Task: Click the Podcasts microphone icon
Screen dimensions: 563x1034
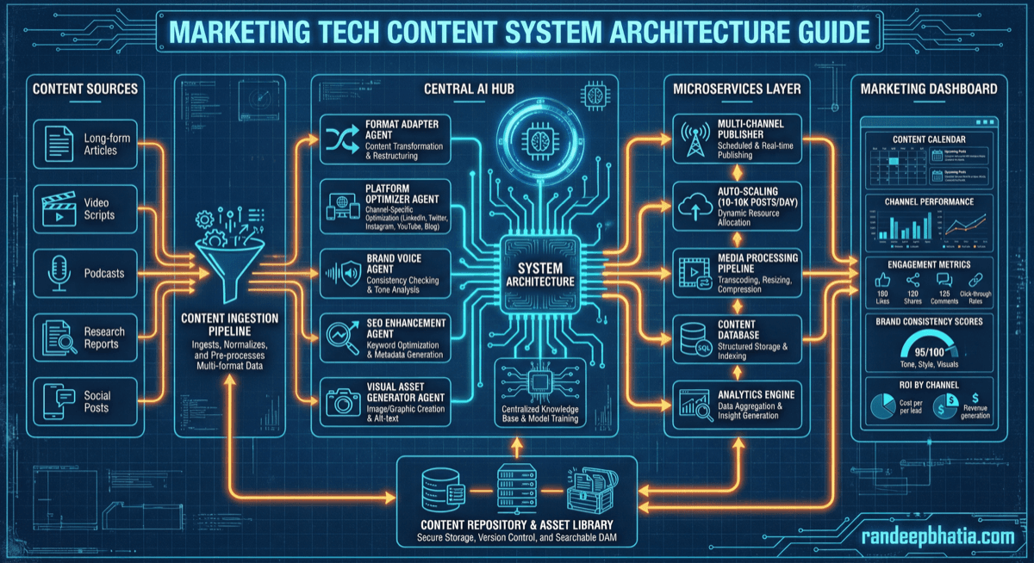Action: pos(57,272)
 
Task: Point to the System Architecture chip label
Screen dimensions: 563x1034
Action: pos(541,273)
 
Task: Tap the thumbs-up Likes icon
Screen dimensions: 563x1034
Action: pos(881,281)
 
